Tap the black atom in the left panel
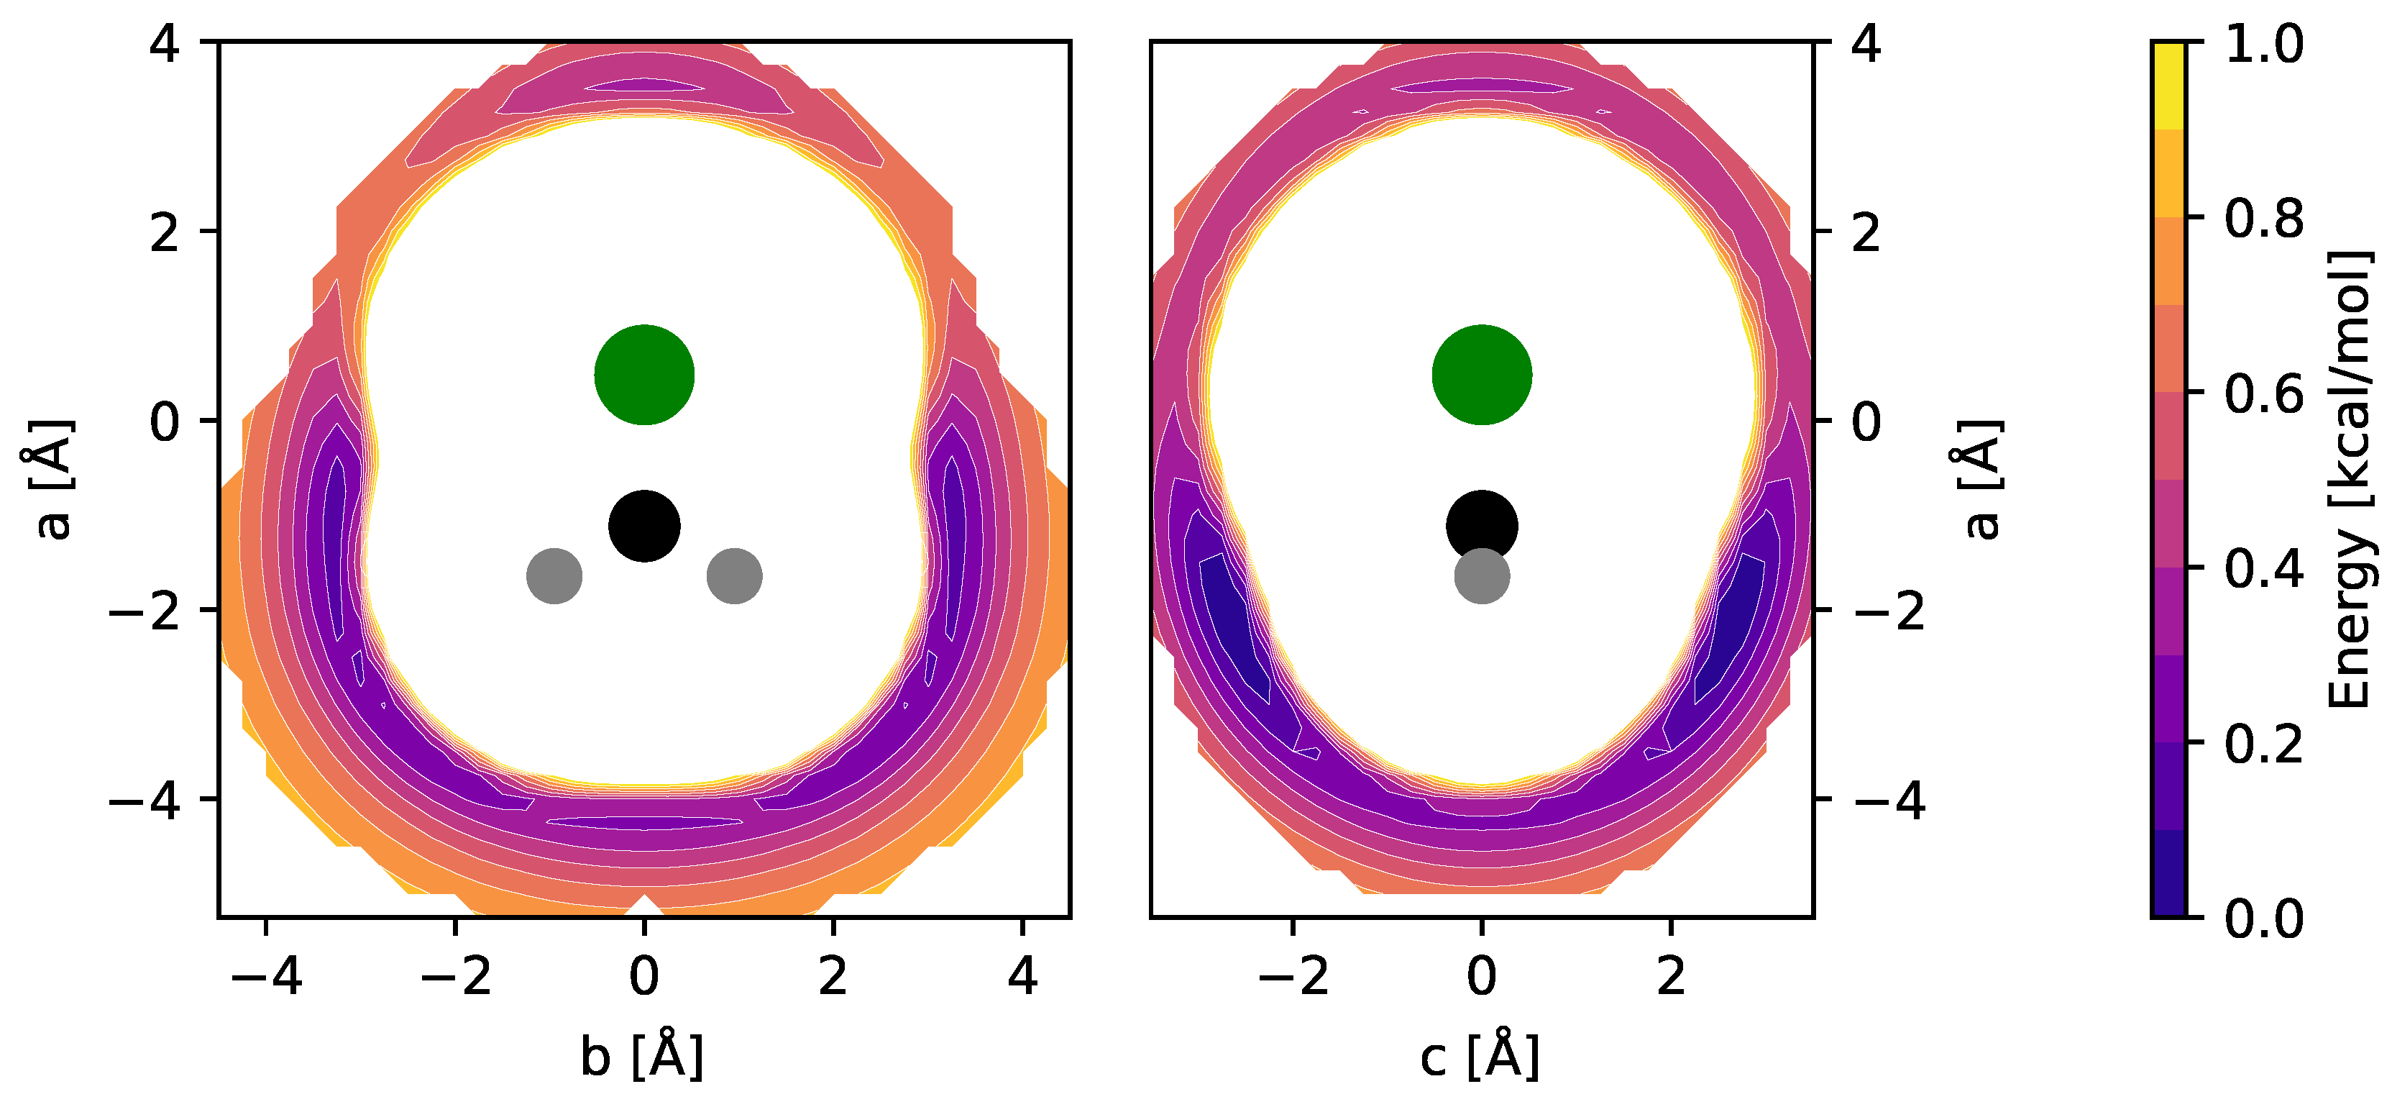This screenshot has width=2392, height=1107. (x=643, y=526)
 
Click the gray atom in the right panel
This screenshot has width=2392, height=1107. (x=1481, y=577)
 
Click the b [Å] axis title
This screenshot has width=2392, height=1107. (x=643, y=1055)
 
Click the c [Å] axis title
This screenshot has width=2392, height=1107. (x=1480, y=1055)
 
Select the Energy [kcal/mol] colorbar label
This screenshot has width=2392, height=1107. (x=2350, y=479)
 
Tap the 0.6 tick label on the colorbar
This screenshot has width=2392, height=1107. (x=2265, y=393)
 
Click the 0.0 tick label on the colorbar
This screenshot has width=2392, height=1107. (x=2265, y=919)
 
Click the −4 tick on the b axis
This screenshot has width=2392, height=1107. (x=267, y=976)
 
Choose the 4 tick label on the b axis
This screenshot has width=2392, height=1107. (x=1022, y=976)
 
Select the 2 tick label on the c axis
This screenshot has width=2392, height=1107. (x=1670, y=976)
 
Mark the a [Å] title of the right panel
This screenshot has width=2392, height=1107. (x=1982, y=479)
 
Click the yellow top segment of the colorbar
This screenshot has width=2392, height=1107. (x=2169, y=86)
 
